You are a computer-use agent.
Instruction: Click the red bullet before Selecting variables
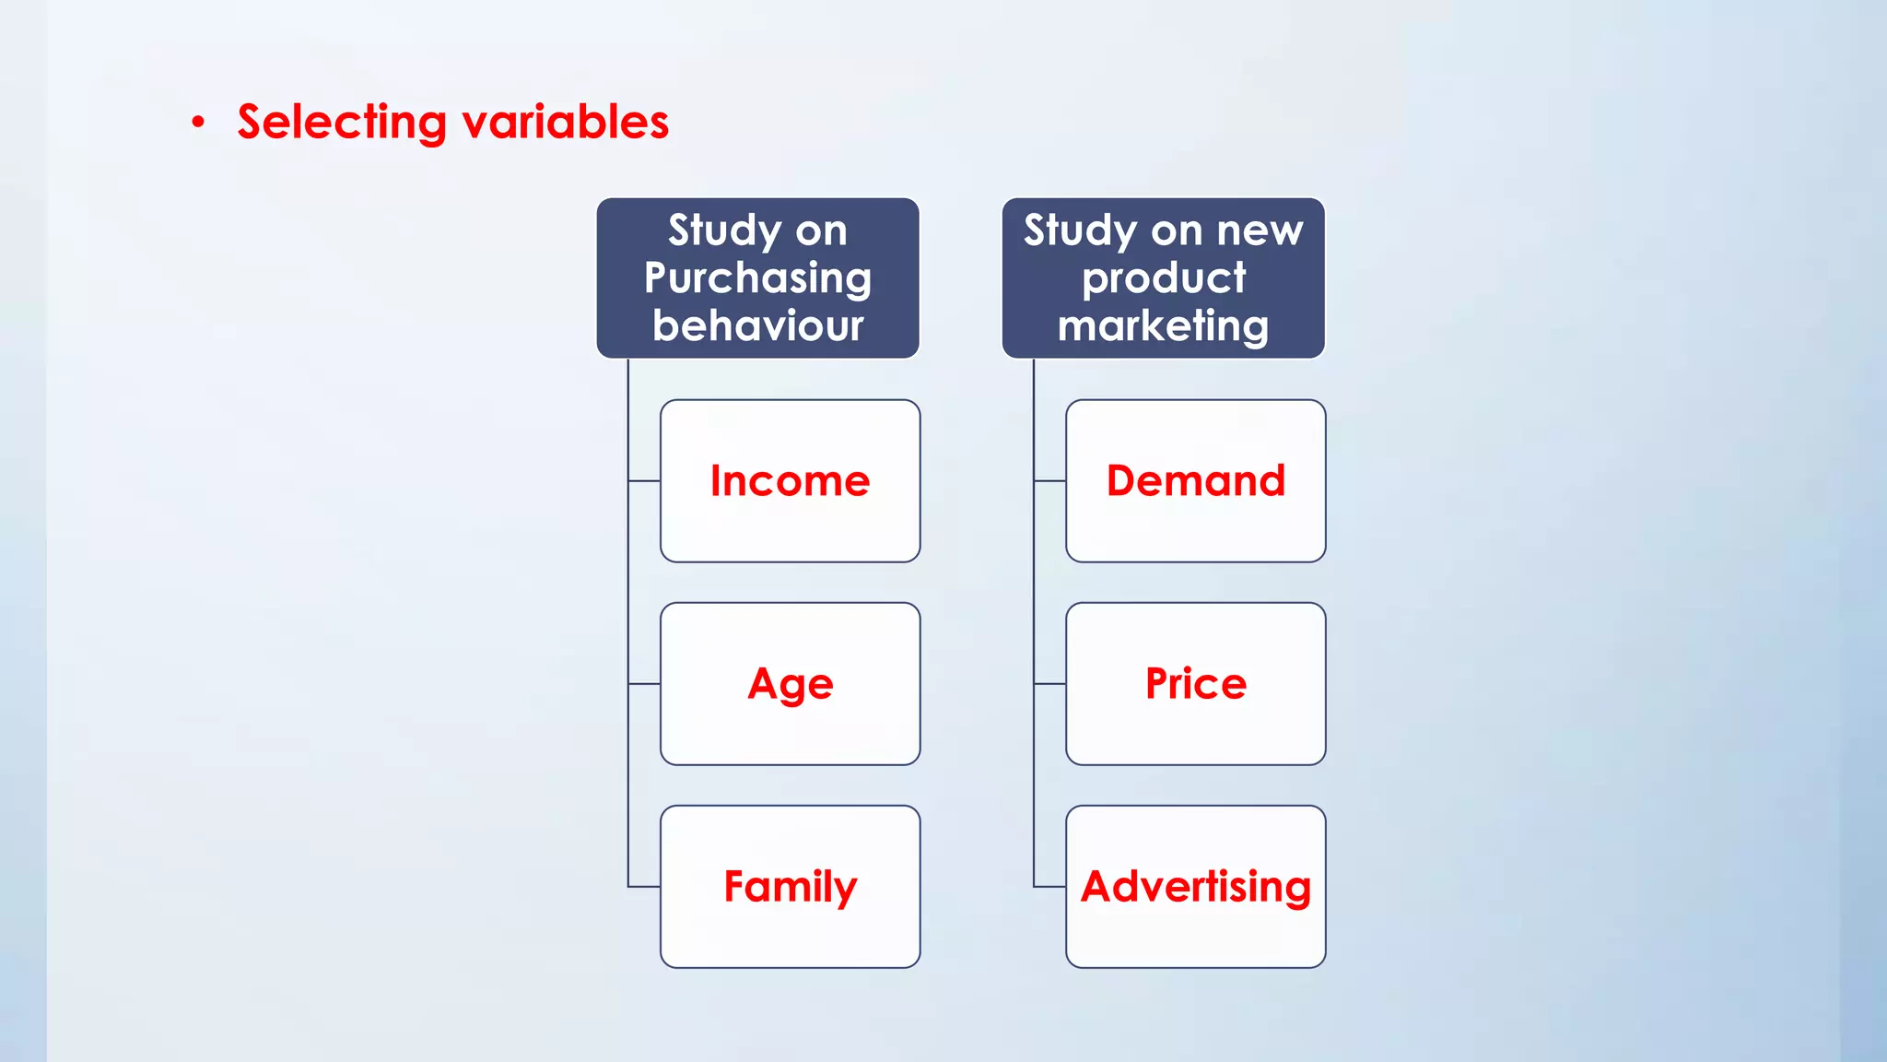coord(198,123)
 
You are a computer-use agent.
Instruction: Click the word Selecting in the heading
coord(341,123)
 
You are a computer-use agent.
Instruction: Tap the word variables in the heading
coord(565,123)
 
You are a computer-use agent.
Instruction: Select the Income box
coord(790,480)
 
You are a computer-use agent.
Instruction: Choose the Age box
coord(790,683)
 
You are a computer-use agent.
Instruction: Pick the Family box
coord(790,886)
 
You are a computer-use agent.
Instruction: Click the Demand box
coord(1195,480)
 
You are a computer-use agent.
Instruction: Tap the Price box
coord(1195,683)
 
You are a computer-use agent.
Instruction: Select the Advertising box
coord(1195,886)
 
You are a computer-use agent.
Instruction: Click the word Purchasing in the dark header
coord(757,278)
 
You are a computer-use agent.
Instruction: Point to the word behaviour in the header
coord(757,325)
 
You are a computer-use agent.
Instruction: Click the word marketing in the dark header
coord(1163,325)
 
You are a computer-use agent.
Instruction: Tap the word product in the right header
coord(1163,278)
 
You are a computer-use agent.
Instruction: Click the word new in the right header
coord(1260,230)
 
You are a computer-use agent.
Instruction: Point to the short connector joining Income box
coord(644,480)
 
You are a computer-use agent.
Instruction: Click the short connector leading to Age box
coord(644,684)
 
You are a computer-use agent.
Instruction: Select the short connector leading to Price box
coord(1049,684)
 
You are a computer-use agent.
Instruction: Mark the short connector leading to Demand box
coord(1049,480)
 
